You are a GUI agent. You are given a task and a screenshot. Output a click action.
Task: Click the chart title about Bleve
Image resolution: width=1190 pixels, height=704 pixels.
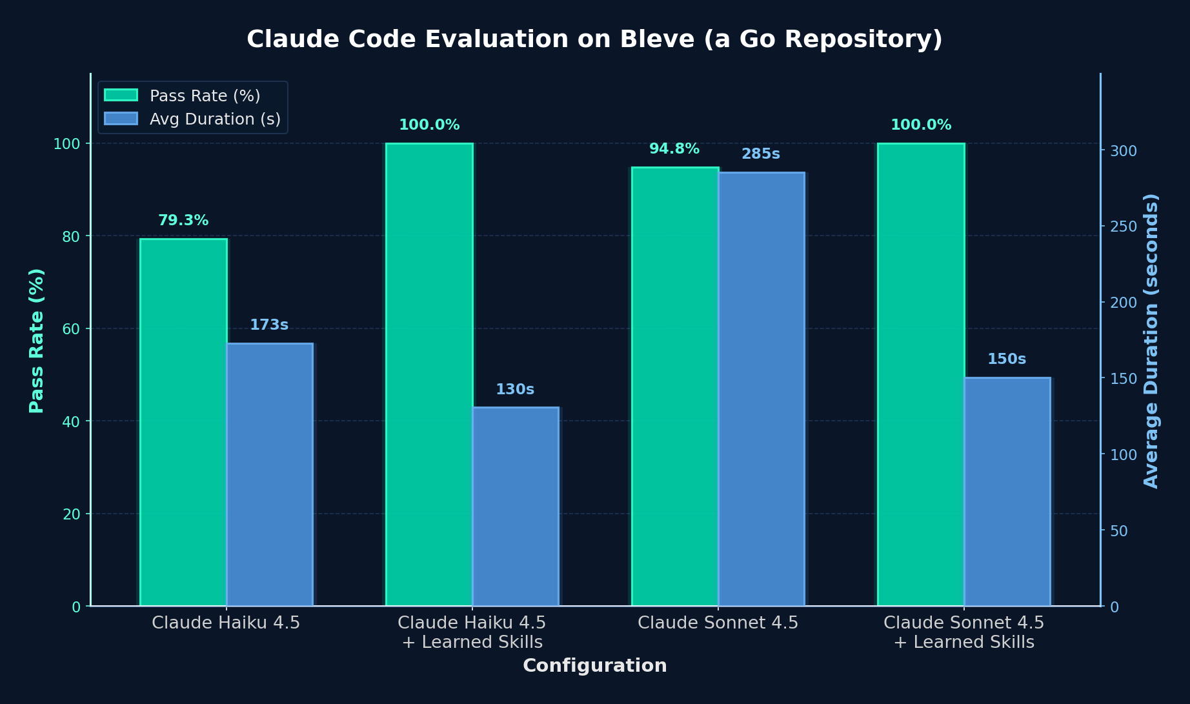(x=594, y=39)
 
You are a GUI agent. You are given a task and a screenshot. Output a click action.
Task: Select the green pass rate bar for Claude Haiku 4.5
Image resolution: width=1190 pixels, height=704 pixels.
(x=183, y=423)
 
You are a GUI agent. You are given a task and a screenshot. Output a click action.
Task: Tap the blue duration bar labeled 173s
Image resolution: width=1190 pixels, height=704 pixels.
(x=270, y=474)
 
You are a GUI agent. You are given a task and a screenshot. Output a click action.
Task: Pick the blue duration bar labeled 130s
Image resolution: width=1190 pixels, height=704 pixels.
(x=516, y=507)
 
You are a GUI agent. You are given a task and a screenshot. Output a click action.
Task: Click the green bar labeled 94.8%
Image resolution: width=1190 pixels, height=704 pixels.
(x=675, y=387)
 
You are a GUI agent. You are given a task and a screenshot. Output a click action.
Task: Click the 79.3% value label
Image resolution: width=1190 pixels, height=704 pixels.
(x=183, y=221)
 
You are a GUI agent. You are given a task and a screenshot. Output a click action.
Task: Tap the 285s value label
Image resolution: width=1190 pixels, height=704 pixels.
(x=761, y=154)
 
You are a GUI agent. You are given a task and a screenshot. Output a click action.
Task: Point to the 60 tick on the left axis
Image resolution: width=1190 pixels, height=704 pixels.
(x=72, y=329)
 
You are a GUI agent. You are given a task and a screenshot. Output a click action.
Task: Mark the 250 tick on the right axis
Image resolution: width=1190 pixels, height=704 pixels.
(x=1124, y=226)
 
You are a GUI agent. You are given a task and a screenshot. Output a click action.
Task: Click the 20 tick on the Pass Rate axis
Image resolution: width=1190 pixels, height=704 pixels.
(x=72, y=514)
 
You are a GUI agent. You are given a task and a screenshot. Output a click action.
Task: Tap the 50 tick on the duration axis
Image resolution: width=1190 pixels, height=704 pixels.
(x=1119, y=531)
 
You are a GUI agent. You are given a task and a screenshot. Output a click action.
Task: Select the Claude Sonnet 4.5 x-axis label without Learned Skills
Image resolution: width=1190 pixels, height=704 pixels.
(x=718, y=623)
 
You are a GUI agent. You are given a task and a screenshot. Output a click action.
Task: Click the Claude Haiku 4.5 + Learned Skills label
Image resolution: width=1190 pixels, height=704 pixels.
(x=472, y=632)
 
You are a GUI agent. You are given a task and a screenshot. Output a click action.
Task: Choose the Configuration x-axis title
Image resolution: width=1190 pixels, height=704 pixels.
(x=594, y=666)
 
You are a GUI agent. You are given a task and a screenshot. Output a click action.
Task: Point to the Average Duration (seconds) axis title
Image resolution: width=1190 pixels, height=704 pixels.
(x=1151, y=341)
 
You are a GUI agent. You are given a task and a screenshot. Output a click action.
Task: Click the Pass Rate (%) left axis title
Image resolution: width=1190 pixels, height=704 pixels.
(x=37, y=341)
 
